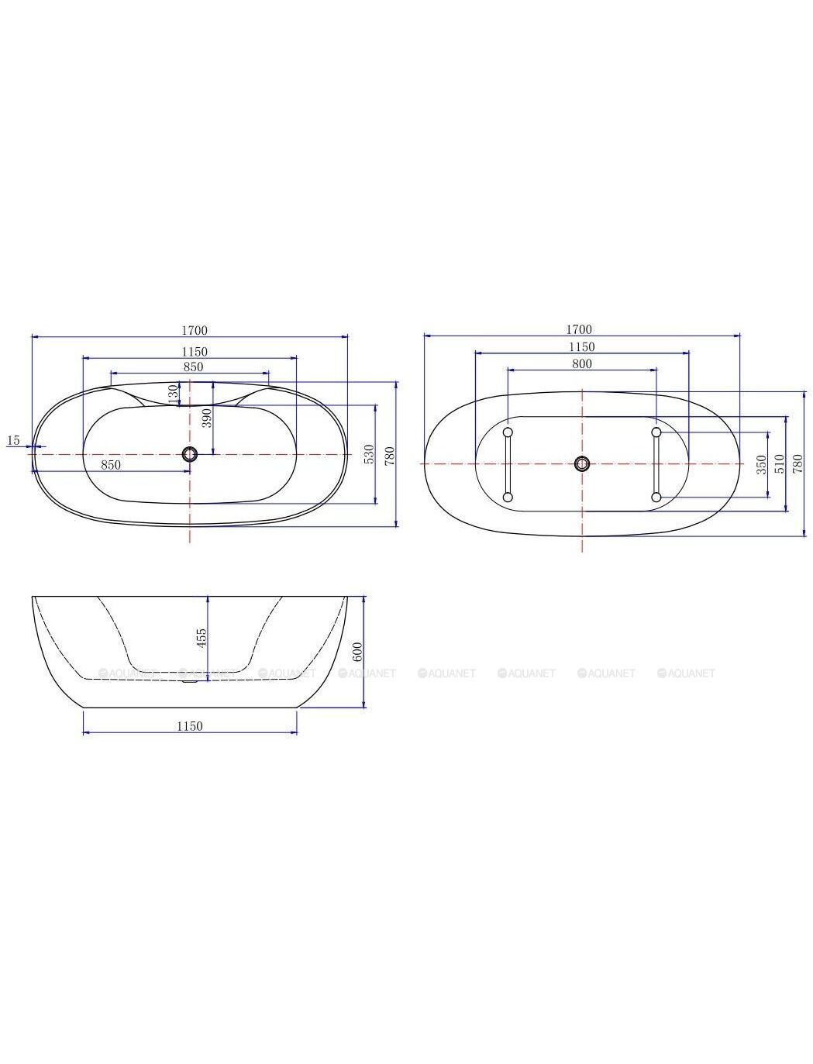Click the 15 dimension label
[14, 440]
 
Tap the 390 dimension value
[207, 418]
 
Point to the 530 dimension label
[370, 453]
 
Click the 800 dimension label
[581, 363]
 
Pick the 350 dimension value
[762, 464]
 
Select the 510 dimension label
[780, 464]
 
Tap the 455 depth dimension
[202, 637]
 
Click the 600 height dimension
[357, 652]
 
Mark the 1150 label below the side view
[189, 726]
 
